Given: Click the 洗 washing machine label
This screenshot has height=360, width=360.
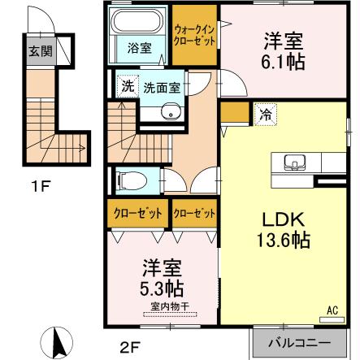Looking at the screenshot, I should pyautogui.click(x=127, y=88).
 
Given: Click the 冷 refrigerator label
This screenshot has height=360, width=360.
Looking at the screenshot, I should pyautogui.click(x=266, y=115).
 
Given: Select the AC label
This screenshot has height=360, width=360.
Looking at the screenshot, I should pyautogui.click(x=332, y=310).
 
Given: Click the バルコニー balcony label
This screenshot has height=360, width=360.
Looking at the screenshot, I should pyautogui.click(x=300, y=342).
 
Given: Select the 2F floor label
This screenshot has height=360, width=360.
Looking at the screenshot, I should pyautogui.click(x=130, y=350).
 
